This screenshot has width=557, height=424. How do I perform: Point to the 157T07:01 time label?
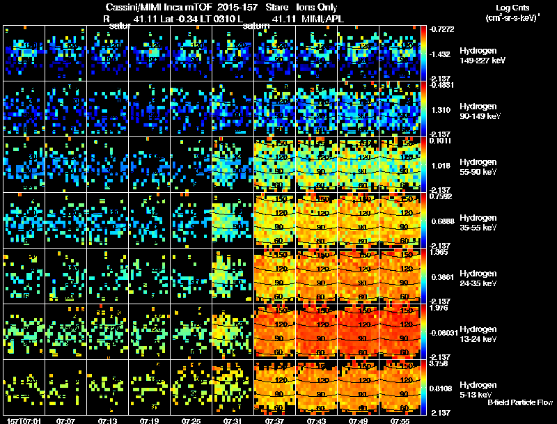point(23,421)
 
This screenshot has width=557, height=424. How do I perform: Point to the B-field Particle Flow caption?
point(520,402)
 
